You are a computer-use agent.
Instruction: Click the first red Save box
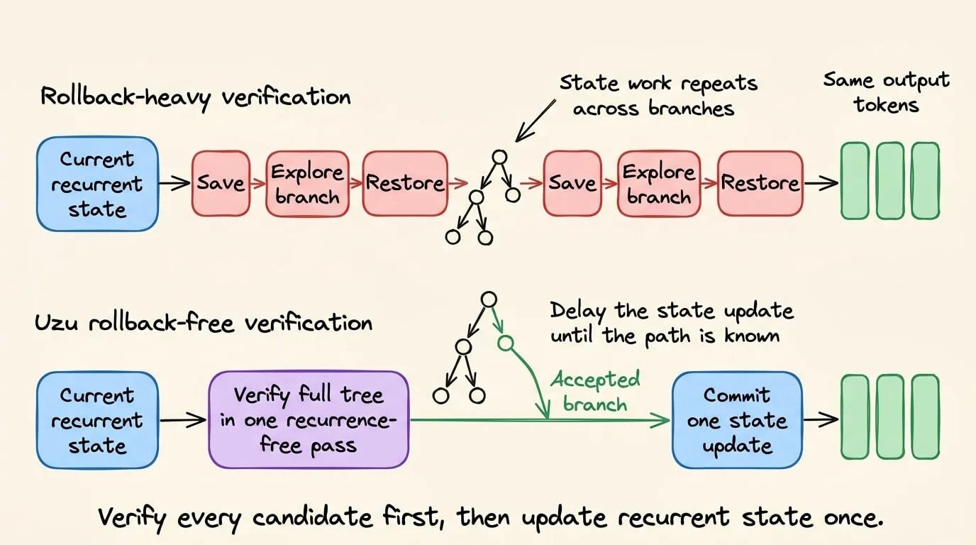[221, 183]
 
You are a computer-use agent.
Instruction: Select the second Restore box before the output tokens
[760, 183]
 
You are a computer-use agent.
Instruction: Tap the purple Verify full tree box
[309, 420]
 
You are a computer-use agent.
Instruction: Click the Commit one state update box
[737, 420]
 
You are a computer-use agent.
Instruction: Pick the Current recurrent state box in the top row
[97, 184]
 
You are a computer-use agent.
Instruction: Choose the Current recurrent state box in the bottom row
[97, 420]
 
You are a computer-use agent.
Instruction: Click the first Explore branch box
[307, 183]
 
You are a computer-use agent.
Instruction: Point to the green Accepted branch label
[595, 392]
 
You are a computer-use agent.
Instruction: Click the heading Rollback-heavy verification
[195, 97]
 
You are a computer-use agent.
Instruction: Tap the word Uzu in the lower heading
[57, 323]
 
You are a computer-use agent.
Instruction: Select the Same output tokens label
[886, 92]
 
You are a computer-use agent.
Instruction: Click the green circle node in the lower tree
[506, 343]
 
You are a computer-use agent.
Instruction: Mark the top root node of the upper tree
[499, 157]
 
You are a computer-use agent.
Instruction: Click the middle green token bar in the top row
[889, 180]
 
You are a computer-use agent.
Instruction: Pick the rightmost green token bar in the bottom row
[925, 417]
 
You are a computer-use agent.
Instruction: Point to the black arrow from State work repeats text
[536, 121]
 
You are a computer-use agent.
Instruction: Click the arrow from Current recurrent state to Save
[174, 183]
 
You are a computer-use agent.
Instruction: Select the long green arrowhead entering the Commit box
[660, 420]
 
